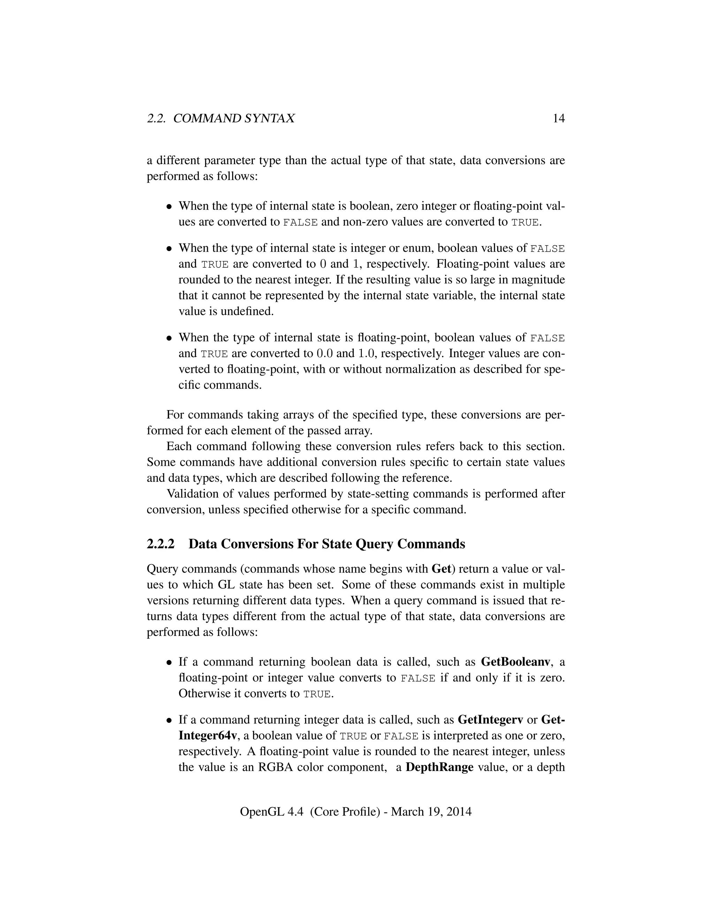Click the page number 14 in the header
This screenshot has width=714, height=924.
pos(559,119)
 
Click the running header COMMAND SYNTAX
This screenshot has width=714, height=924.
pos(234,119)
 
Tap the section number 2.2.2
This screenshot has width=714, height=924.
pos(160,544)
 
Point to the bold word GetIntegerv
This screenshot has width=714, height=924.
pos(490,720)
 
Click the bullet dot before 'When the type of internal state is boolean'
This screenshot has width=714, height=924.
pos(169,207)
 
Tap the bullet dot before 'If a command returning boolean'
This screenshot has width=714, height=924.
pos(169,662)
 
